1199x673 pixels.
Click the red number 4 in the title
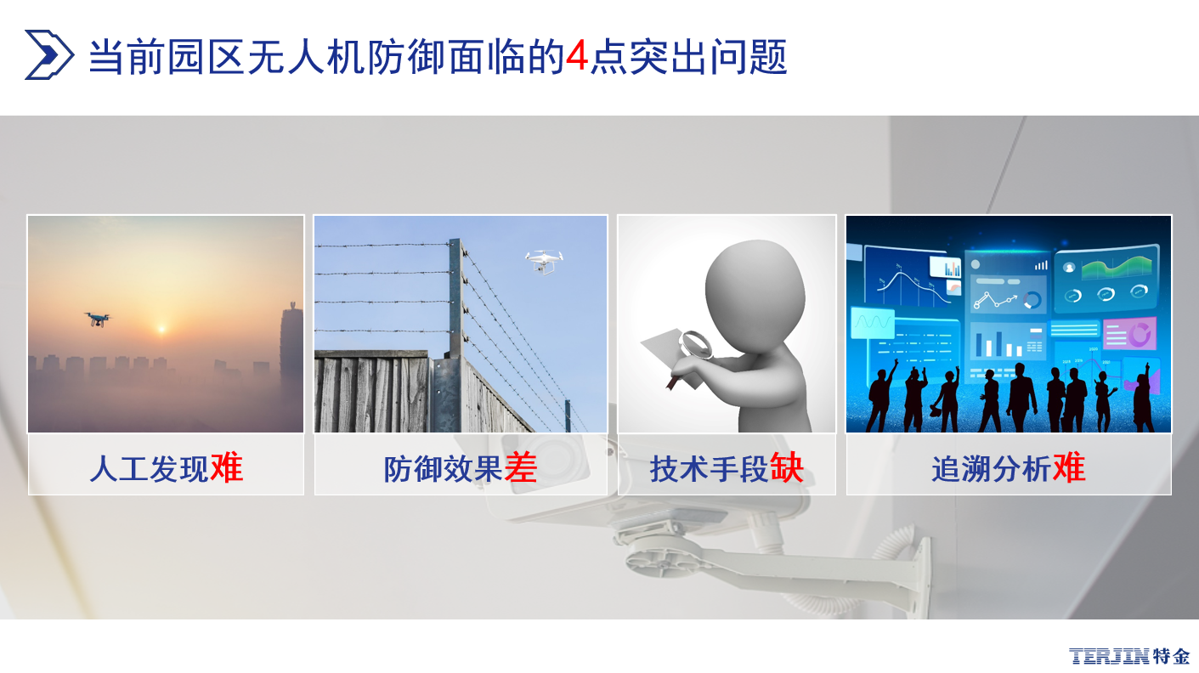[577, 56]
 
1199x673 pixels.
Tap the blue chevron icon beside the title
[48, 54]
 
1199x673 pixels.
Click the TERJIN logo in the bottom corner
[1129, 656]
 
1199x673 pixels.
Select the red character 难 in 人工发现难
[227, 468]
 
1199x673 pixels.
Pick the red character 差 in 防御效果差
[521, 468]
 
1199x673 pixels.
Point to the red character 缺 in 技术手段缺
[787, 468]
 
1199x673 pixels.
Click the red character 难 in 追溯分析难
[1069, 468]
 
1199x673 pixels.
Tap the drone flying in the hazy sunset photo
[98, 320]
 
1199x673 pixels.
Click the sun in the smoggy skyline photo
[161, 328]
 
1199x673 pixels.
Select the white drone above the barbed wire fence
[544, 262]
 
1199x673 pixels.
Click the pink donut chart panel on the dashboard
[1130, 333]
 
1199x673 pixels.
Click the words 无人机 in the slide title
[306, 56]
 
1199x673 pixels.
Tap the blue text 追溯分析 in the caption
[992, 469]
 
